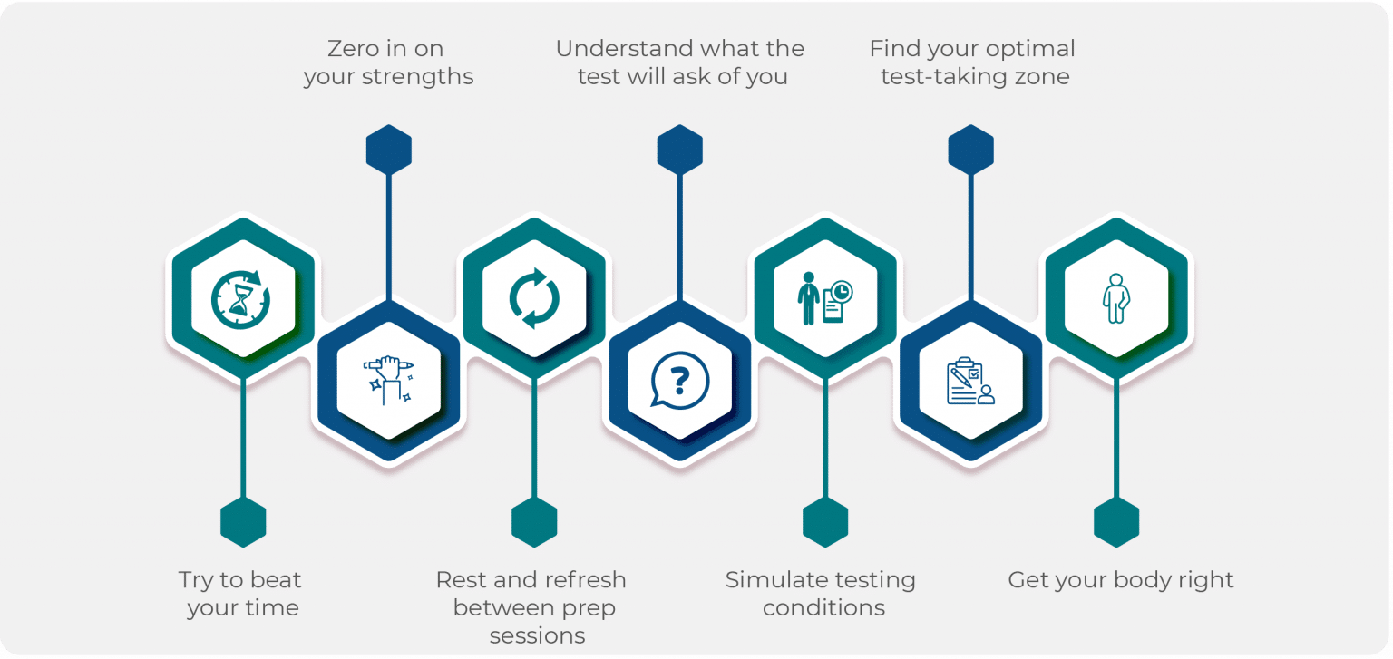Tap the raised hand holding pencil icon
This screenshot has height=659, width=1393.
388,379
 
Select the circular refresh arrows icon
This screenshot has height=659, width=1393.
534,298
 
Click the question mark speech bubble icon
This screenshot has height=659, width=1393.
679,379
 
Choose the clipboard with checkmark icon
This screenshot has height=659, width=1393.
970,381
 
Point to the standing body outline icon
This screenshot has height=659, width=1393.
1115,298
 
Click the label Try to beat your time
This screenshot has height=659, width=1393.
241,594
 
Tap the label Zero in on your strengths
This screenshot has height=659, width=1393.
388,63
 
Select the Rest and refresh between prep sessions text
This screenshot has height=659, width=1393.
533,607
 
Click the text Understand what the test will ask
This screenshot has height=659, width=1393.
680,63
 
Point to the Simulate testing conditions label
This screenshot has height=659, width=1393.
822,594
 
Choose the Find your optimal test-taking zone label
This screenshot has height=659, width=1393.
973,63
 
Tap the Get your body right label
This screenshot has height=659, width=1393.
1121,580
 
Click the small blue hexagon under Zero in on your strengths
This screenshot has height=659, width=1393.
388,150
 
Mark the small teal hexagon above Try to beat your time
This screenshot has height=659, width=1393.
243,522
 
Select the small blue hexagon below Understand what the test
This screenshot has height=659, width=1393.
679,150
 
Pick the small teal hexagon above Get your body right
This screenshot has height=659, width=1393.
1115,522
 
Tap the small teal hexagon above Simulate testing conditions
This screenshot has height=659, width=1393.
824,522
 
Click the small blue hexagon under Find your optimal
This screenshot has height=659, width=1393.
970,150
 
